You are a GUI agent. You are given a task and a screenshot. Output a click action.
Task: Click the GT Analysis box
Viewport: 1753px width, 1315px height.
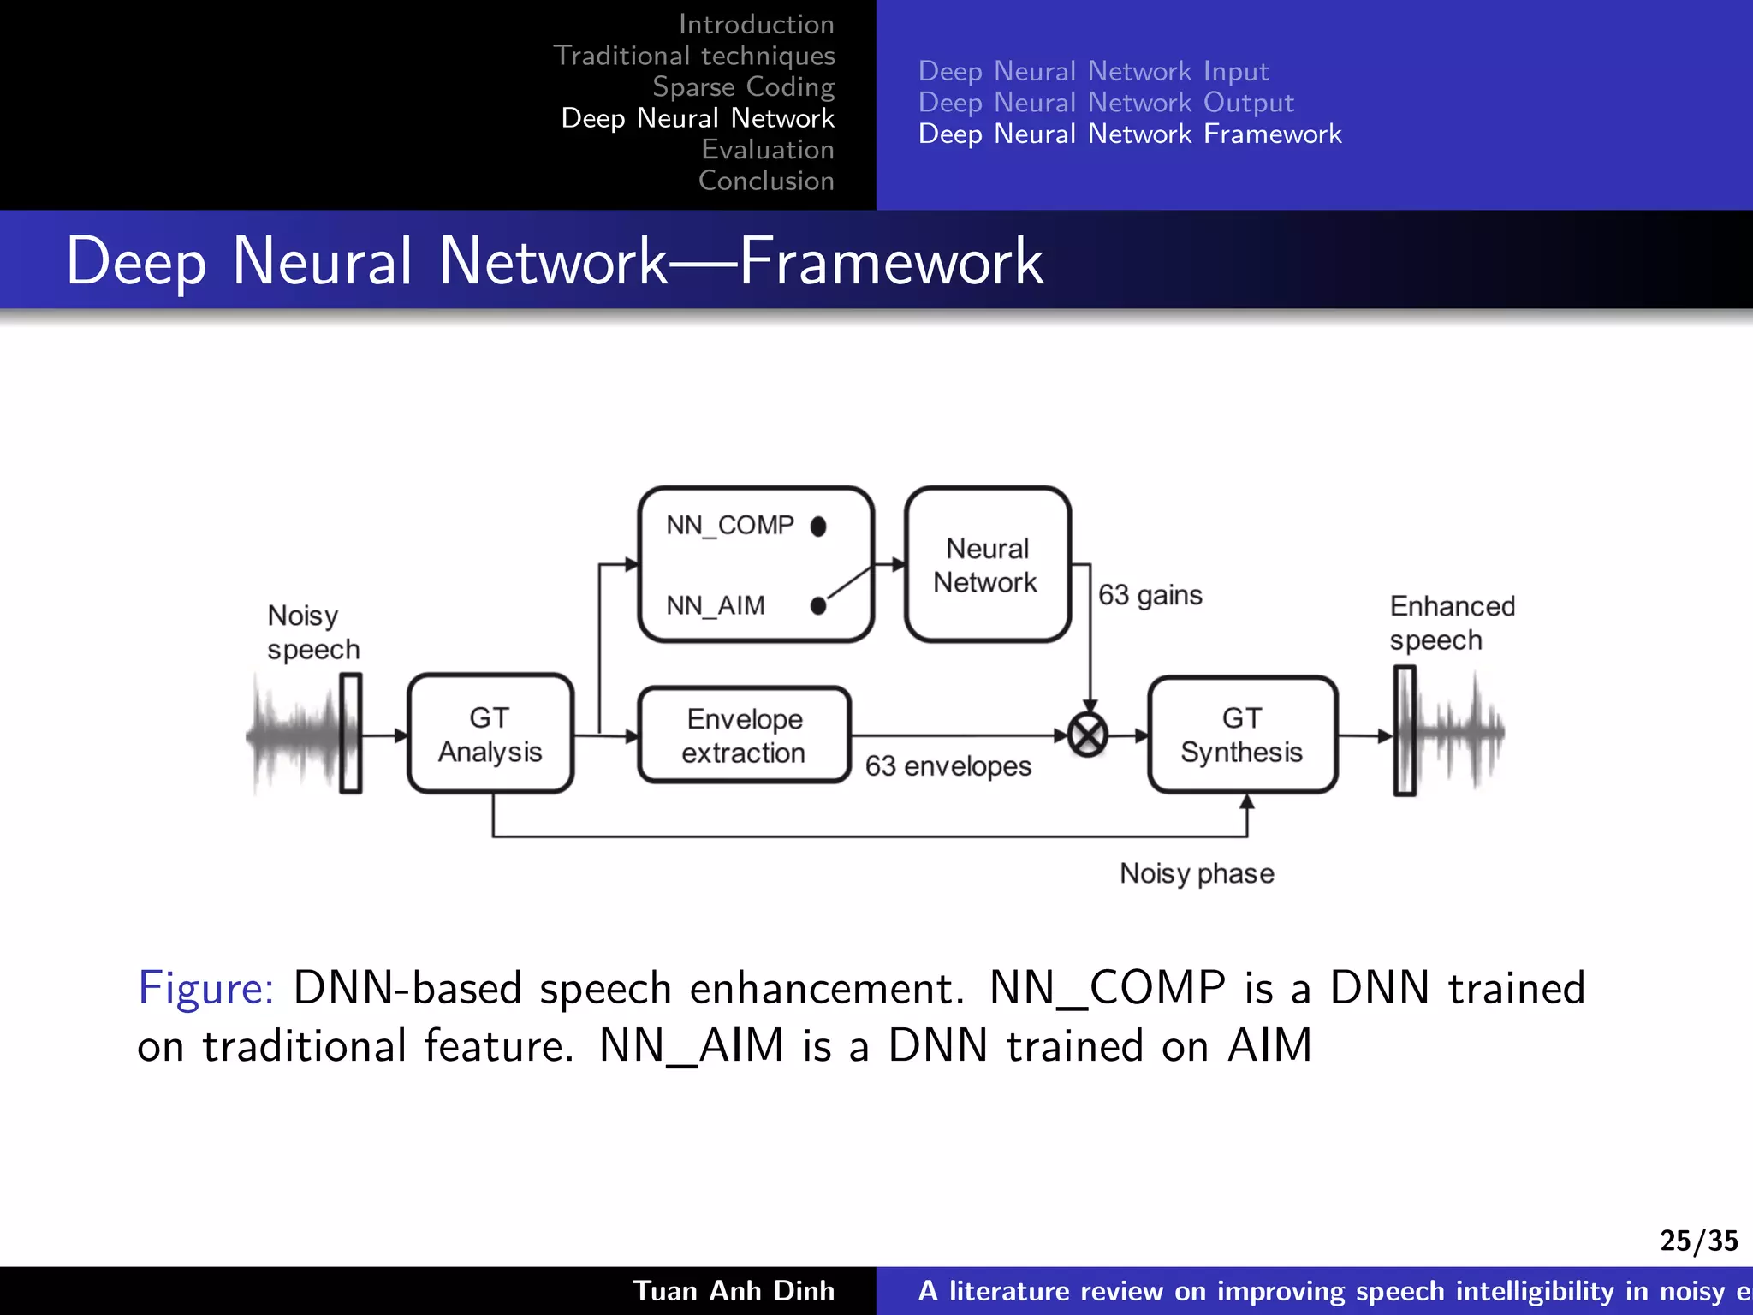(x=490, y=734)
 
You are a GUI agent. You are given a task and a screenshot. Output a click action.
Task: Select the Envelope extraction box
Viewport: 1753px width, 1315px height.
(x=744, y=735)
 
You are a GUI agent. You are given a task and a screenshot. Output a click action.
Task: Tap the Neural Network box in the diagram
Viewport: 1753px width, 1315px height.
(x=986, y=565)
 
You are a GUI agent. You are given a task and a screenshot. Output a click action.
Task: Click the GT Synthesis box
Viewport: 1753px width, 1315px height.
(x=1241, y=735)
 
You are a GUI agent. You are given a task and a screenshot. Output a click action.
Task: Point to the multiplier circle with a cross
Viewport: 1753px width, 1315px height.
(x=1088, y=735)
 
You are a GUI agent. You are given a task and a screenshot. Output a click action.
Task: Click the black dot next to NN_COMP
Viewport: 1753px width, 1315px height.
(x=818, y=526)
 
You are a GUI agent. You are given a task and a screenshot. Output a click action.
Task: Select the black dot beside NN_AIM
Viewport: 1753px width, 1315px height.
(x=818, y=606)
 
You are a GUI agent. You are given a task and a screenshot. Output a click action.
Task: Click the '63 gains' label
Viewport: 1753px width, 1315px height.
(x=1150, y=595)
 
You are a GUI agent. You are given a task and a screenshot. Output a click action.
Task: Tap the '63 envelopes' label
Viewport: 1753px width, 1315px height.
(x=948, y=766)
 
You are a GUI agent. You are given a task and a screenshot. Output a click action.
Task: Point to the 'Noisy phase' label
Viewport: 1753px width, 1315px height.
(x=1197, y=873)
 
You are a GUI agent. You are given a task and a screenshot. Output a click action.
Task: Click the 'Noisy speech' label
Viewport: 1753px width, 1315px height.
(x=312, y=632)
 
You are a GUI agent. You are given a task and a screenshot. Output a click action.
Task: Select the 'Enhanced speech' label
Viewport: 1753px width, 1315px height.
(x=1452, y=622)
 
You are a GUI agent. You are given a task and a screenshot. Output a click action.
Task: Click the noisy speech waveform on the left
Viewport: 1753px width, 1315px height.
(x=295, y=735)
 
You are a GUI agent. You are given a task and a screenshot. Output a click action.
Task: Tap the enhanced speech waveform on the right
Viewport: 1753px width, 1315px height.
(x=1459, y=733)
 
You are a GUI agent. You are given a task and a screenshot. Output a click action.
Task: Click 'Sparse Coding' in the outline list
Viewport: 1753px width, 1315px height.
(x=743, y=86)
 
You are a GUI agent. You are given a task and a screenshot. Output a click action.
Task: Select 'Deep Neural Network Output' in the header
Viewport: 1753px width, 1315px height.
(x=1105, y=102)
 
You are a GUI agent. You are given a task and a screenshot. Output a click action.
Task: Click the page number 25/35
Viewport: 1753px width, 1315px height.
(x=1698, y=1240)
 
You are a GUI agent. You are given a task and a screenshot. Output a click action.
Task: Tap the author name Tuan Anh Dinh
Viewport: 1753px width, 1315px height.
(x=734, y=1290)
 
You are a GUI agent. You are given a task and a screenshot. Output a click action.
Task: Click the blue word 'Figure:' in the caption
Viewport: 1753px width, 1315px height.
(x=205, y=988)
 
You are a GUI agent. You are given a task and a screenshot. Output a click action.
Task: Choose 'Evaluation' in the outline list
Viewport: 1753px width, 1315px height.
(x=767, y=149)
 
